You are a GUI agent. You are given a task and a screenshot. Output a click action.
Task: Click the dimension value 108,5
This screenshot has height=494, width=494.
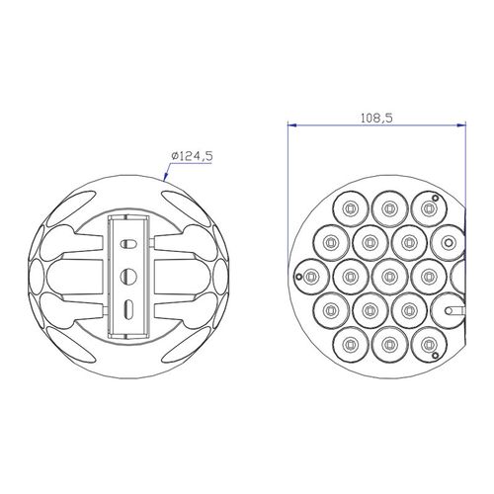click(x=376, y=118)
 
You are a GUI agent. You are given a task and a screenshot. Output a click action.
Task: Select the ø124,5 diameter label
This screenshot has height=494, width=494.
click(x=192, y=156)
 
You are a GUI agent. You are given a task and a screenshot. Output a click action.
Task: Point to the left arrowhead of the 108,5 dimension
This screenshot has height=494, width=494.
click(x=291, y=125)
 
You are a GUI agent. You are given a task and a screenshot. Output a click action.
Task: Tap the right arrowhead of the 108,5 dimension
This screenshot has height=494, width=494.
click(x=462, y=125)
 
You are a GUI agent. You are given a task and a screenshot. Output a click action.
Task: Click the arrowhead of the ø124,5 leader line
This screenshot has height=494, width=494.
click(x=165, y=178)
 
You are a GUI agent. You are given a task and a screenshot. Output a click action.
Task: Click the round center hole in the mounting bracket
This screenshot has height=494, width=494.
click(x=128, y=276)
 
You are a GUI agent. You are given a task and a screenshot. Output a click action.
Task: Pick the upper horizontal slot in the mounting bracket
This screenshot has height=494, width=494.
click(x=128, y=244)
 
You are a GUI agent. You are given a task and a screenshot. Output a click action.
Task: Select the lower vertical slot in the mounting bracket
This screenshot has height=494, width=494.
click(x=127, y=309)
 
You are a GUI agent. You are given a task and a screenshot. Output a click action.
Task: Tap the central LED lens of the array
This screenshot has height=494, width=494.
click(x=389, y=277)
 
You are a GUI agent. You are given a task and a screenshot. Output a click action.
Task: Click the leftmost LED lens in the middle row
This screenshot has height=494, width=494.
click(x=311, y=277)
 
